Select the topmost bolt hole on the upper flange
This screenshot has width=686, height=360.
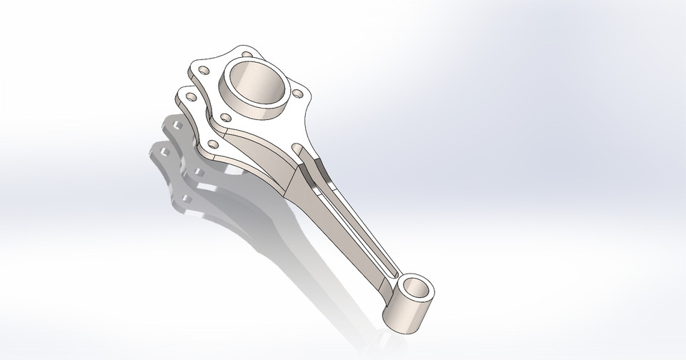pos(247,54)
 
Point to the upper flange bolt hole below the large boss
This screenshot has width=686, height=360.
pos(225,116)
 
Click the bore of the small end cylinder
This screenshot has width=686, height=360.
pos(418,290)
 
